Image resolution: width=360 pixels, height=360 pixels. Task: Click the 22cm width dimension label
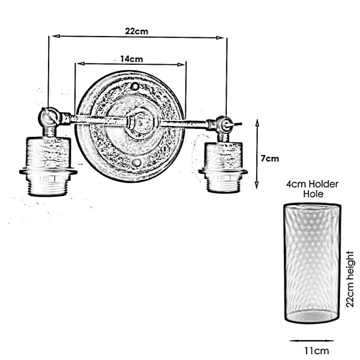coord(136,31)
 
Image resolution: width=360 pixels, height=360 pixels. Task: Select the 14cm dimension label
coord(131,59)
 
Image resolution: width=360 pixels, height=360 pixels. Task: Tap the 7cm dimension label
coord(270,158)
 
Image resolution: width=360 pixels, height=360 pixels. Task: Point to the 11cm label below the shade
coord(317,351)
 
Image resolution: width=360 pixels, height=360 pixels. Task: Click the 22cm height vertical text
coord(350,279)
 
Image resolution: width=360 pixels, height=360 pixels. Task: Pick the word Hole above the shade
coord(313,194)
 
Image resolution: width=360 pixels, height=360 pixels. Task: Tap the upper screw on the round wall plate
coord(134,86)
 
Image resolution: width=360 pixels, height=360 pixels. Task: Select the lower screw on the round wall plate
coord(136,163)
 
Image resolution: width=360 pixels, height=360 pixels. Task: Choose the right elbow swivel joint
coord(223,125)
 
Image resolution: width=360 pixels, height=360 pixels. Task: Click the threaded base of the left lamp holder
coord(47,186)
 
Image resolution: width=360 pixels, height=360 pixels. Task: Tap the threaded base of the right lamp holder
coord(223,184)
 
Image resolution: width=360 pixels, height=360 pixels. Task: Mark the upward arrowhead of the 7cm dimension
coord(257,123)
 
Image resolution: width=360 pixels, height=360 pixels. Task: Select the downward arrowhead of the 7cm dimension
coord(257,185)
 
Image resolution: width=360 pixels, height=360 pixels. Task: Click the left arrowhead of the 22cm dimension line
coord(56,36)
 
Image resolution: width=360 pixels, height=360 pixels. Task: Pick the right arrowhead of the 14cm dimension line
coord(181,65)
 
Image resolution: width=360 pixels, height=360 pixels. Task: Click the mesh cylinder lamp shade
coord(312,263)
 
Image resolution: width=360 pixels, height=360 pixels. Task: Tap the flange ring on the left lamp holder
coord(48,172)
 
